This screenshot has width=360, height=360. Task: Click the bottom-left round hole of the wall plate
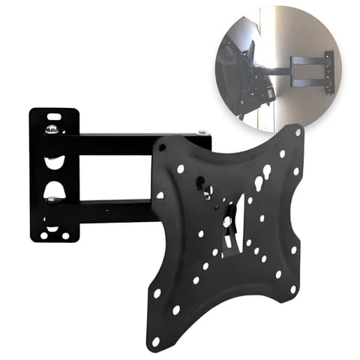coord(42,235)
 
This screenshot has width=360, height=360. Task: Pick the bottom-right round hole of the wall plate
coord(64,235)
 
